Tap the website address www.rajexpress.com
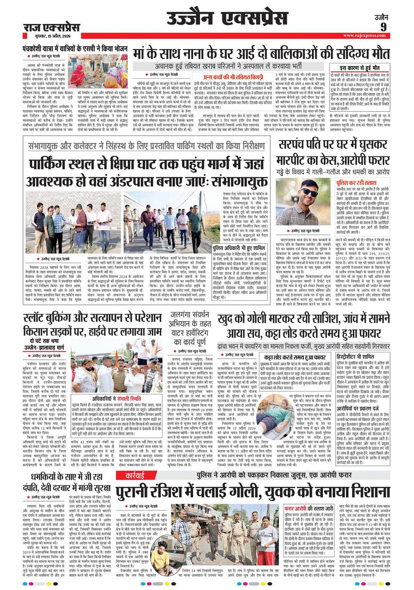click(x=384, y=37)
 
